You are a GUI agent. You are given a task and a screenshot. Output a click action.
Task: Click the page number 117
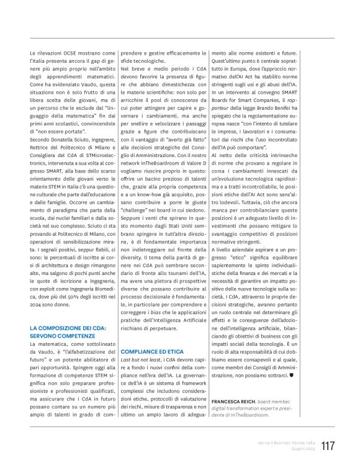pyautogui.click(x=328, y=445)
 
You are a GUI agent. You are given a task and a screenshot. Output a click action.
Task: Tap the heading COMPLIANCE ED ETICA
pyautogui.click(x=151, y=351)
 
